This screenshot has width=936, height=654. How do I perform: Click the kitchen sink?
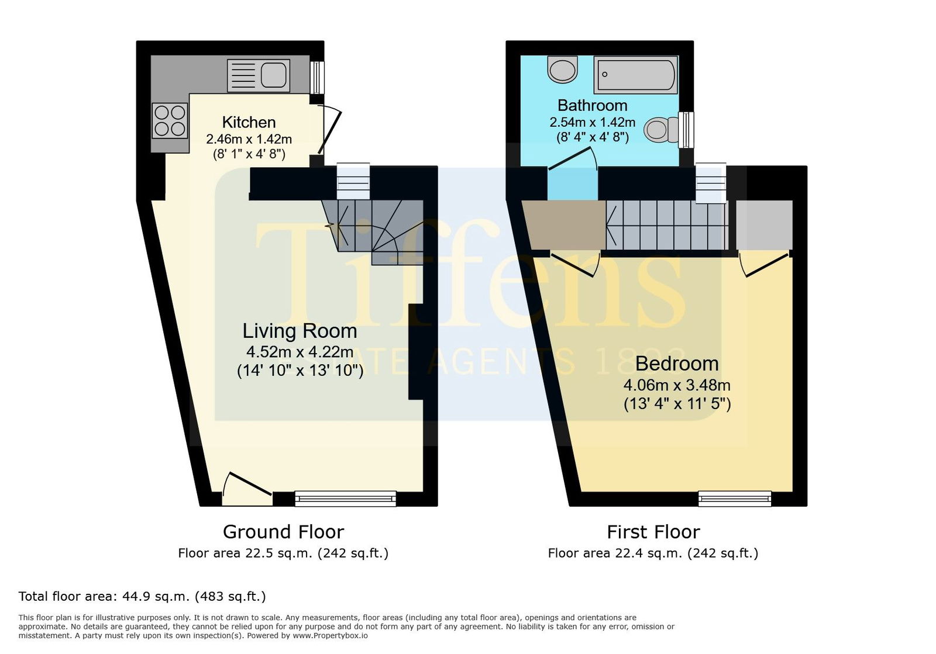point(258,75)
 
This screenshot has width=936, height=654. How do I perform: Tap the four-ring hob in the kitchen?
point(170,120)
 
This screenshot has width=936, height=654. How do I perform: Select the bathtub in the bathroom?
point(635,75)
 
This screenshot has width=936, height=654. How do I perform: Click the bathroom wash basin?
point(562,70)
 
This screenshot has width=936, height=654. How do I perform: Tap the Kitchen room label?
point(249,122)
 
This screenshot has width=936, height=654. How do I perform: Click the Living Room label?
point(300,331)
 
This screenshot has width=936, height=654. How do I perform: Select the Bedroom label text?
point(677,364)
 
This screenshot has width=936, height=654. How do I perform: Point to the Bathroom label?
point(593,105)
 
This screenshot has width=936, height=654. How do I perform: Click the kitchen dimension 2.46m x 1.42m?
point(249,139)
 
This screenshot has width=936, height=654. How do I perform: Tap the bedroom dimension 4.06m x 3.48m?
point(677,385)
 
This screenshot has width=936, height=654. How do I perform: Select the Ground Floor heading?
point(283,532)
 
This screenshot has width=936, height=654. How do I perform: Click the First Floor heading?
point(653,532)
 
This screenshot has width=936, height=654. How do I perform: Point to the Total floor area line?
point(142,596)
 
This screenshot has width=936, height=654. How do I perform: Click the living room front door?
point(247,489)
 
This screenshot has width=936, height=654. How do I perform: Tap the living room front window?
point(346,499)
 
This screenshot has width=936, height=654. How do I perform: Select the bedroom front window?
point(735,499)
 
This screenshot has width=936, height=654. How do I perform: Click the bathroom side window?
point(686,130)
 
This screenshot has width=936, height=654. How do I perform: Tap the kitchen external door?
point(329,130)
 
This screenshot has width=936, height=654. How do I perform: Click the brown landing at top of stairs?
point(564,226)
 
